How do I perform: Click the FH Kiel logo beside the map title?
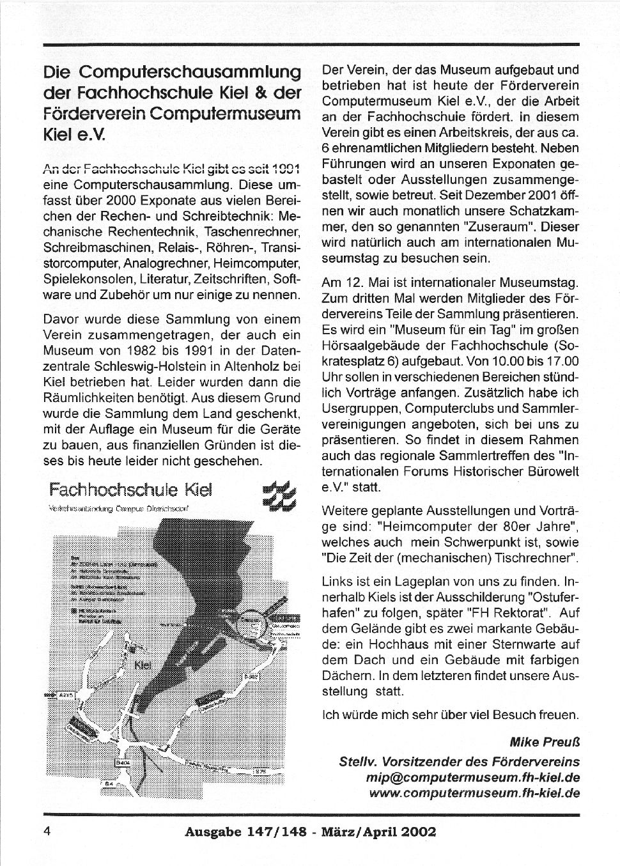click(282, 495)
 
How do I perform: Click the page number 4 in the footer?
click(47, 831)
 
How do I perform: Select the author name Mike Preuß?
click(545, 743)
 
